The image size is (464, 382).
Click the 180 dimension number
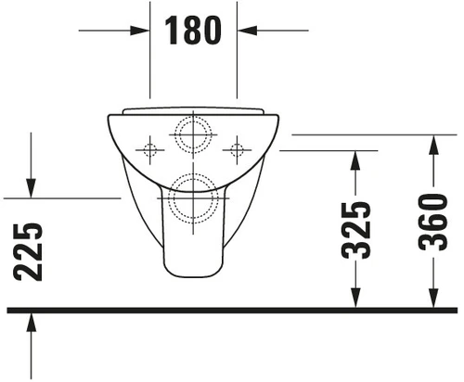point(193,31)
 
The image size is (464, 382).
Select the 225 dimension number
point(28,252)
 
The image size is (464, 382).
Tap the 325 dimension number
point(355,230)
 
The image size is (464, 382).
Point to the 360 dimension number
point(433,223)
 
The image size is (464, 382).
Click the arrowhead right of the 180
point(247,31)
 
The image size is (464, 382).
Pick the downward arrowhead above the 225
point(31,188)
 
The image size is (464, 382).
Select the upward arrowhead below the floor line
point(31,322)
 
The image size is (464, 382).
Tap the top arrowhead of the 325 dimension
point(355,160)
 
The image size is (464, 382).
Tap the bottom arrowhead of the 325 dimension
point(355,298)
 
